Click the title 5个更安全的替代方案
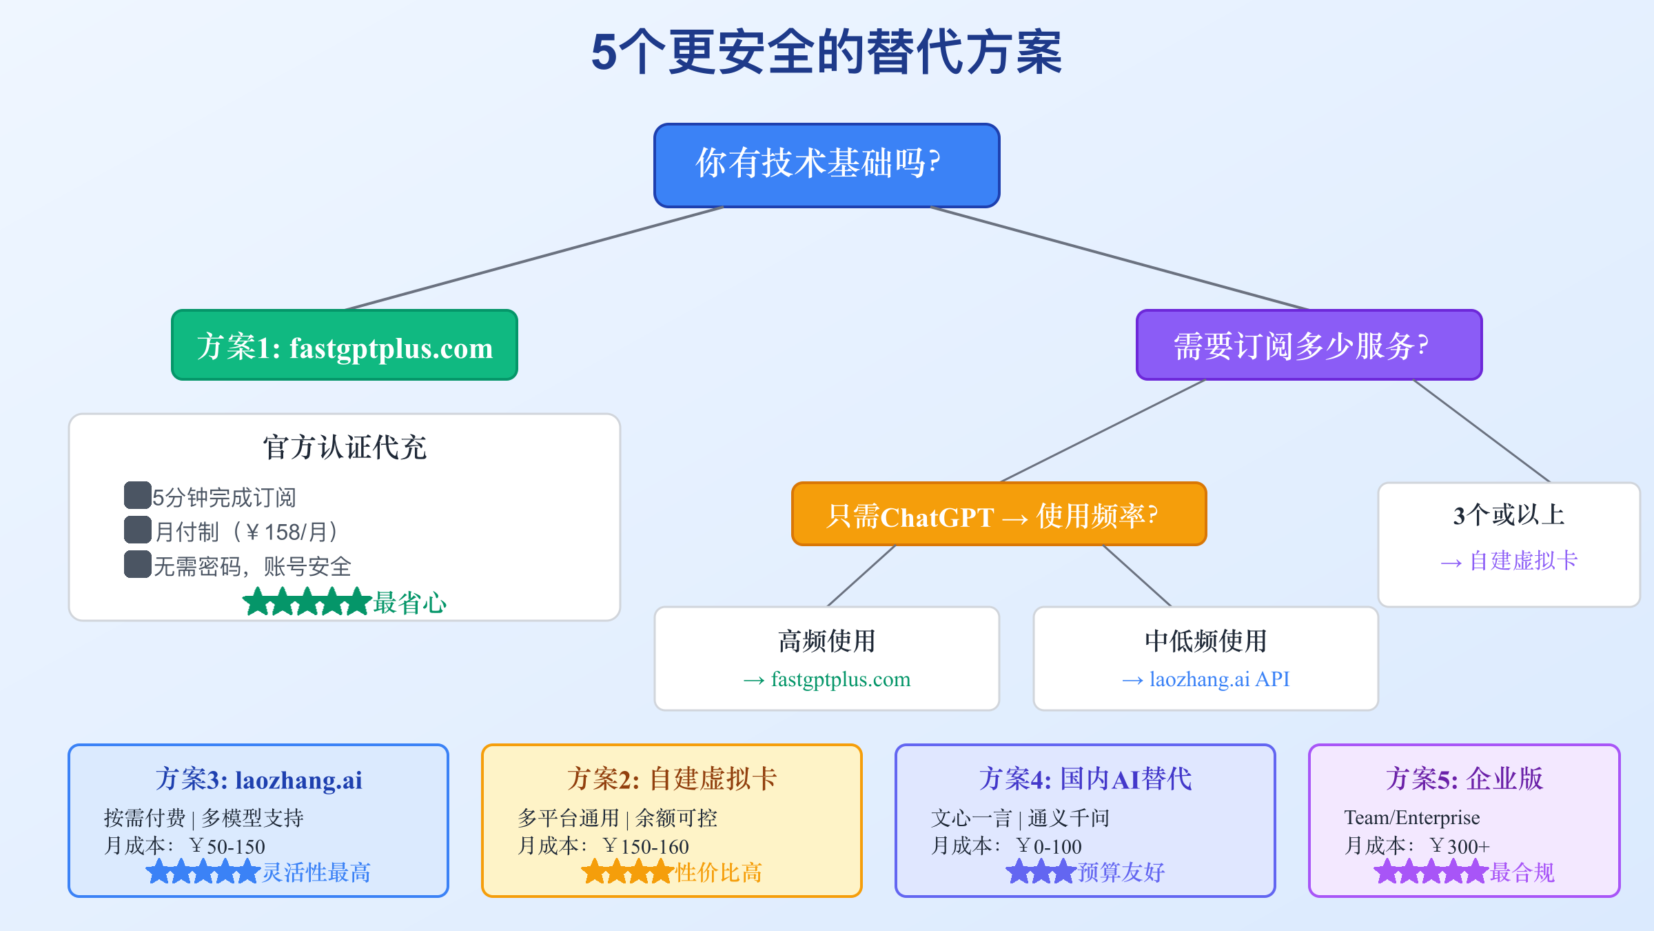(826, 52)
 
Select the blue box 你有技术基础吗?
(826, 166)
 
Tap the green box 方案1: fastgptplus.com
(345, 346)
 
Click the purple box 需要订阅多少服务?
(1309, 346)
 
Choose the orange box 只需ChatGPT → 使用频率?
(999, 514)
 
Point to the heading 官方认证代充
(345, 447)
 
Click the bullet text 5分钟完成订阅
(224, 497)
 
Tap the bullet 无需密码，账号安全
(252, 566)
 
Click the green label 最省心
(410, 603)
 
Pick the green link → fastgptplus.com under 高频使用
(827, 679)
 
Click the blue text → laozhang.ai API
(1206, 679)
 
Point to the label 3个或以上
(1509, 514)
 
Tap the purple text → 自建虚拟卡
(1509, 561)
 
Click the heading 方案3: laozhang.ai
(258, 779)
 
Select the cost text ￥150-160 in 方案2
(646, 846)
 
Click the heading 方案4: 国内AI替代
(1085, 779)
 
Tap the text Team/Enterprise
(1411, 818)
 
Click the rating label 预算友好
(1121, 872)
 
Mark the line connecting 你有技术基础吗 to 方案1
(534, 258)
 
